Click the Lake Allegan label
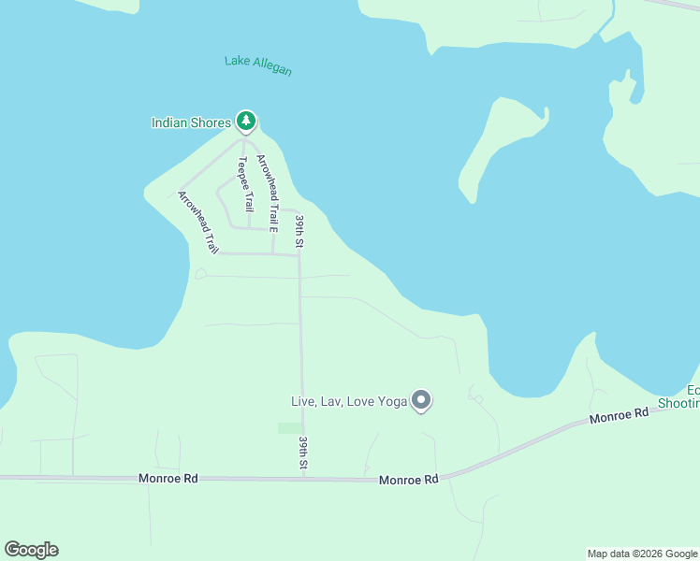258,65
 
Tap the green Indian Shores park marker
246,121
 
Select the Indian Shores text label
191,122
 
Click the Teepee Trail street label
244,184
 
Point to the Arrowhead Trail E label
268,193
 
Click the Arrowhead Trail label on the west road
198,223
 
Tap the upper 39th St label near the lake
300,231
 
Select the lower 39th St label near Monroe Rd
303,452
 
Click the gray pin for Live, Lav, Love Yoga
421,400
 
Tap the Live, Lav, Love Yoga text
349,401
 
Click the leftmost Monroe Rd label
168,478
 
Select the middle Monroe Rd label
409,480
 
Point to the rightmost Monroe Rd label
619,416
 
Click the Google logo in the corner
31,550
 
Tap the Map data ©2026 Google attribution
642,554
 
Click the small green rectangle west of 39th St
290,428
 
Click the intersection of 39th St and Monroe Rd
303,478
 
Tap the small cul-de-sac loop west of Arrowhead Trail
200,274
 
